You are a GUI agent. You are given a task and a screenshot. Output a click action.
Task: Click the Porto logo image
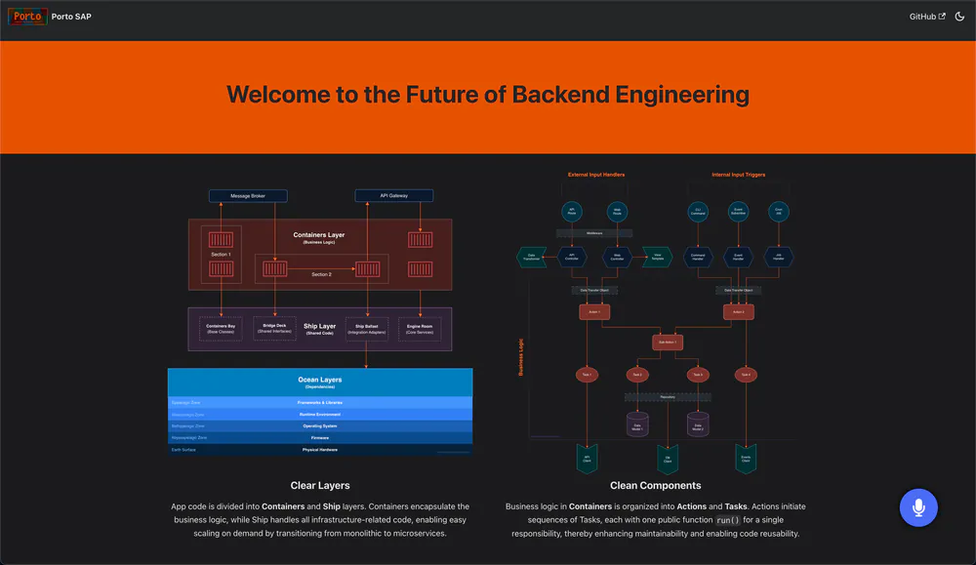pos(27,17)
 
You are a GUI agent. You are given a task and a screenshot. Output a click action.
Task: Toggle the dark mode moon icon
pos(959,17)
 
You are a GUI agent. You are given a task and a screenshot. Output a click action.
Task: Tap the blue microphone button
pos(917,507)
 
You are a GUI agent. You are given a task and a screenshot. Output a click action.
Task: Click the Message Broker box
pos(248,195)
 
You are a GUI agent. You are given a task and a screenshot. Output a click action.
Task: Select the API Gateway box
pos(393,195)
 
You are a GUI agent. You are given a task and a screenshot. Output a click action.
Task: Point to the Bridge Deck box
pos(274,329)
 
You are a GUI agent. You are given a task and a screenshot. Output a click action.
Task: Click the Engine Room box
pos(420,329)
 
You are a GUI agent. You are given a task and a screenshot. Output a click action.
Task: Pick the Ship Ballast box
pos(367,329)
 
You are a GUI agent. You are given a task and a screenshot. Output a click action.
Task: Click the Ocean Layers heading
pos(320,380)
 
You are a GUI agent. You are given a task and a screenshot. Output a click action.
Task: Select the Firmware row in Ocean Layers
pos(320,437)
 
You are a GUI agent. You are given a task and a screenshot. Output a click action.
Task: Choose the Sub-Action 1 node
pos(668,343)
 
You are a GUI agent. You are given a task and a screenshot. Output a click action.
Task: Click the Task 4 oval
pos(746,375)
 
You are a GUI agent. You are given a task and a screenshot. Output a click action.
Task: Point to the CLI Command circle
pos(698,211)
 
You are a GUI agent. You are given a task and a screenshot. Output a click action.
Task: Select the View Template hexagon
pos(657,258)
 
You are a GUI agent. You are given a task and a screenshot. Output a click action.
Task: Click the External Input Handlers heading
pos(596,175)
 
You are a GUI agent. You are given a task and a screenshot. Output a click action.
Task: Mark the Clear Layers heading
pos(320,485)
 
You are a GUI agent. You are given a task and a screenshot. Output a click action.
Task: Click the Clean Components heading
pos(655,485)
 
